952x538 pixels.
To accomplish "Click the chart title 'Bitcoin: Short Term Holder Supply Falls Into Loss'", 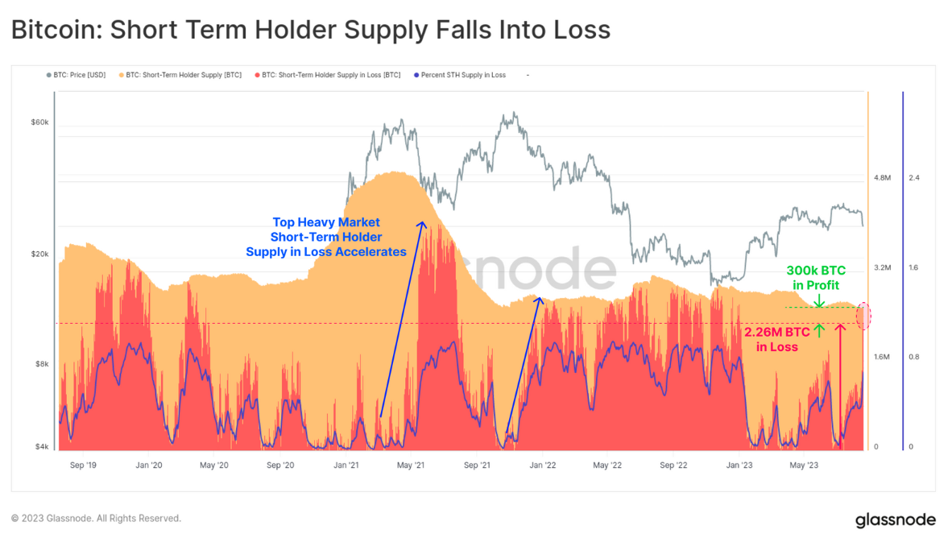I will pos(310,30).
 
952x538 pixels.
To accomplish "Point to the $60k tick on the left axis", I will pos(40,122).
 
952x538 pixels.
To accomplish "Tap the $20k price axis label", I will pos(40,255).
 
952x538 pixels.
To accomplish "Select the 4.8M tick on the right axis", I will pos(882,177).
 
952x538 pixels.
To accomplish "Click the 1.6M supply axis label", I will pos(882,357).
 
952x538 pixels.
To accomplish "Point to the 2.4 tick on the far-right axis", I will pos(914,177).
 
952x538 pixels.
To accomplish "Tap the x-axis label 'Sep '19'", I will pos(83,465).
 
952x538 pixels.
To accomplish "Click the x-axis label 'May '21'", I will pos(412,465).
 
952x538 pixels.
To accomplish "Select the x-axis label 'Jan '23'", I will pos(739,465).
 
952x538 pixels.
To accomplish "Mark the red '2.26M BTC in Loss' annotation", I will pos(776,339).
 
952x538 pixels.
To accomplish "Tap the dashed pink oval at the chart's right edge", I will pos(863,316).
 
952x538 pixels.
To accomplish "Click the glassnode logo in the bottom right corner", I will pos(895,519).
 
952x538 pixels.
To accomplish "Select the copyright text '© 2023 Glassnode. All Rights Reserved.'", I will pos(96,519).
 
